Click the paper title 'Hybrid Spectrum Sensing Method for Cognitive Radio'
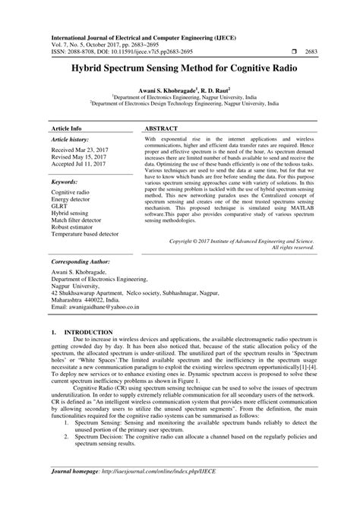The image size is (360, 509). tap(180, 68)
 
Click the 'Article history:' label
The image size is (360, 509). tap(74, 141)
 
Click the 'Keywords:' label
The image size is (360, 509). tap(68, 183)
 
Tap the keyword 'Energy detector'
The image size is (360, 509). tap(74, 200)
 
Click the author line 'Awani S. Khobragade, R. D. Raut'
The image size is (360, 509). tap(180, 90)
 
